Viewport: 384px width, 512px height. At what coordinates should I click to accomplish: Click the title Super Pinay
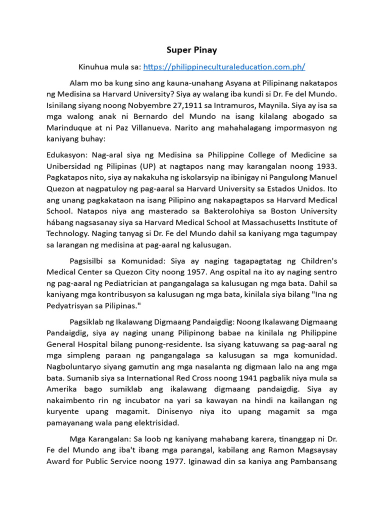(192, 50)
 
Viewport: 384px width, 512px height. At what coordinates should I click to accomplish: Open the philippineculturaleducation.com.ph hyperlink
(224, 66)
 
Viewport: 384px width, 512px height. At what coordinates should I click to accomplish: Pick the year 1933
(326, 166)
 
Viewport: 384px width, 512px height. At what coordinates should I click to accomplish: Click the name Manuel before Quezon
(321, 177)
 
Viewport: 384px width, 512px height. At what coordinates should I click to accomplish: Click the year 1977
(170, 461)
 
